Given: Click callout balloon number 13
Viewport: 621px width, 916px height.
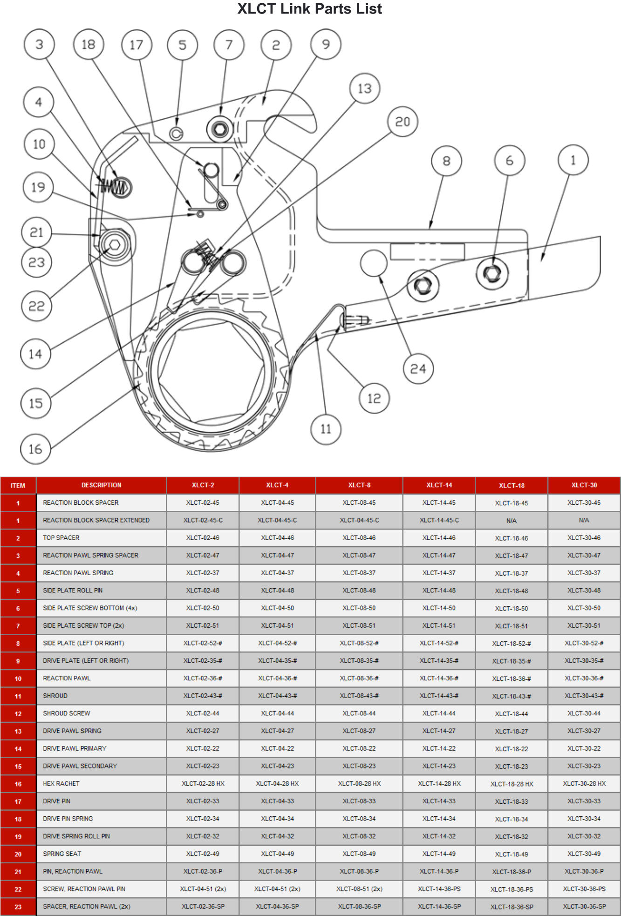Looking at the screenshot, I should click(x=365, y=88).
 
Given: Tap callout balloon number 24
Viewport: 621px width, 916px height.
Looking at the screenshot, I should click(x=418, y=369).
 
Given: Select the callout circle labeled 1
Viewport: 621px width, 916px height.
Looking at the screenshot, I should click(x=573, y=160).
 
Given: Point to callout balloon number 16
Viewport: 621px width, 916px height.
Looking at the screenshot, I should click(x=35, y=449).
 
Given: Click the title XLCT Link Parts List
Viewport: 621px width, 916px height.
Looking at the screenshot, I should click(x=310, y=8).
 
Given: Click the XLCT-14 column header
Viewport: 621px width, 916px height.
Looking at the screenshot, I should click(x=439, y=485).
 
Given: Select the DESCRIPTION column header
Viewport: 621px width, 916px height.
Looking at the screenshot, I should click(x=101, y=485).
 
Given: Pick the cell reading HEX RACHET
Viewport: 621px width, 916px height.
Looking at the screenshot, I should click(x=61, y=784).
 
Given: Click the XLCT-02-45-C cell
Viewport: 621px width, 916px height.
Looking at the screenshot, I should click(x=203, y=520).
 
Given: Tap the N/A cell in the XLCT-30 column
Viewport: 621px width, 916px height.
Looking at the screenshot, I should click(x=584, y=520).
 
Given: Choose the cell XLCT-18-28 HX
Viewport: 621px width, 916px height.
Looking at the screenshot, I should click(x=512, y=784).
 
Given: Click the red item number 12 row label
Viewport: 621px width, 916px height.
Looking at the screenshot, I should click(x=18, y=714).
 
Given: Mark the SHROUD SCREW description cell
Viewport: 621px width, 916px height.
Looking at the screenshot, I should click(x=67, y=713).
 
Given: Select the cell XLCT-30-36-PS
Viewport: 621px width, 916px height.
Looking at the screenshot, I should click(x=584, y=889).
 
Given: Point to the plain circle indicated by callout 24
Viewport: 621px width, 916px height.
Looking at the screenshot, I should click(x=374, y=263).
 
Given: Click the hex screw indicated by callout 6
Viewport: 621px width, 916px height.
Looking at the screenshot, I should click(x=492, y=273).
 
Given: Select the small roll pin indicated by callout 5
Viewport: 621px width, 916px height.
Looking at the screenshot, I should click(x=176, y=134).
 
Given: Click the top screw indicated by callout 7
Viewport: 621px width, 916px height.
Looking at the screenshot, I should click(x=220, y=129).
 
